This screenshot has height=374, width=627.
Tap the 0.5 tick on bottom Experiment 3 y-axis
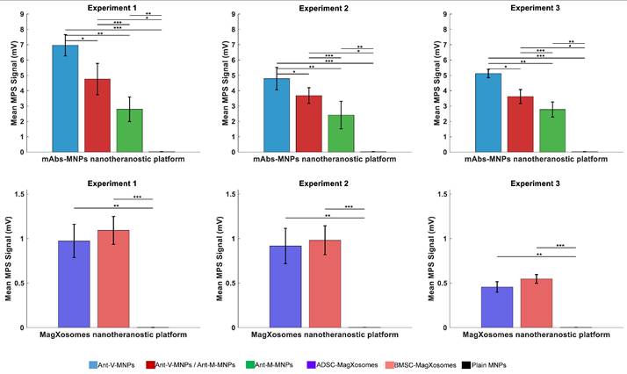coord(447,284)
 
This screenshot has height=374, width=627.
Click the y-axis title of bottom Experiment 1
coord(9,261)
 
